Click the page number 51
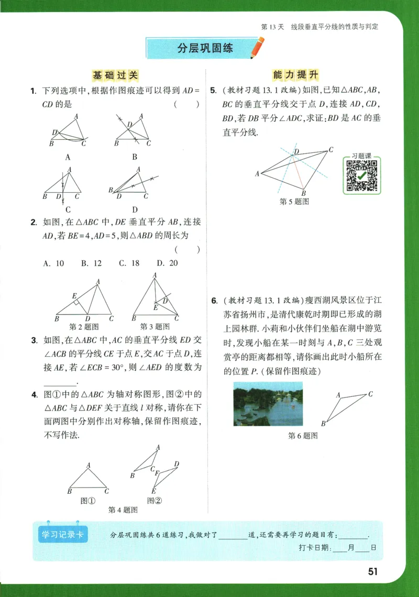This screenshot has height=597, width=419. [x=372, y=571]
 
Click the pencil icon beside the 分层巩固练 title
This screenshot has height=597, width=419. [x=257, y=48]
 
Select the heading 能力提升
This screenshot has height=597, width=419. [x=295, y=75]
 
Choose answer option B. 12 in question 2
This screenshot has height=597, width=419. [x=91, y=263]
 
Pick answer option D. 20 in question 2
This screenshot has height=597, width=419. [x=167, y=263]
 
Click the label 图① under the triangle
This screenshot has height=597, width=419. [x=87, y=500]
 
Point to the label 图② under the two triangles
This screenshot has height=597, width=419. [x=154, y=500]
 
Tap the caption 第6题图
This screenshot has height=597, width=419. [x=303, y=436]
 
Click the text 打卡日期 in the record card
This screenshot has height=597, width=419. [x=311, y=548]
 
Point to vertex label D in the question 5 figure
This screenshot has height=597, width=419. [x=296, y=151]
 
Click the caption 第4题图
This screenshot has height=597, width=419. [x=123, y=510]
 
